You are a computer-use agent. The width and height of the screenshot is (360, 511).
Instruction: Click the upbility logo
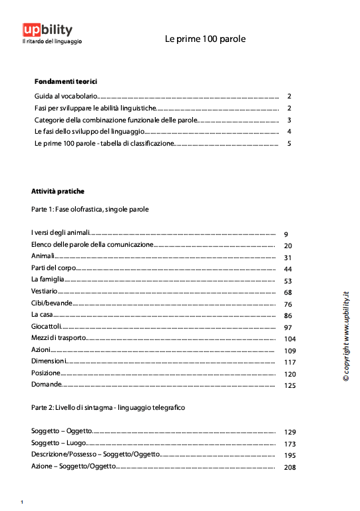[x=48, y=31]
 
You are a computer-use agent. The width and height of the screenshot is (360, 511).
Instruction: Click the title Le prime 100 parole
[x=205, y=39]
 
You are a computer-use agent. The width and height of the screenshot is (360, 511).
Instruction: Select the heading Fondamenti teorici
[x=66, y=81]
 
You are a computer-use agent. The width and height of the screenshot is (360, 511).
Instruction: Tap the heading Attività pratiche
[x=58, y=192]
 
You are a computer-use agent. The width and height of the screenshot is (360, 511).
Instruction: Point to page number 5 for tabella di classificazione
[x=289, y=144]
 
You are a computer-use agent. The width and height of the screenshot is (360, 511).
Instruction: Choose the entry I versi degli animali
[x=60, y=234]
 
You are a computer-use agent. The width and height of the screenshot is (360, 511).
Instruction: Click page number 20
[x=288, y=246]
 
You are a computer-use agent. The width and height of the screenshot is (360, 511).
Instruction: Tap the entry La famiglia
[x=47, y=280]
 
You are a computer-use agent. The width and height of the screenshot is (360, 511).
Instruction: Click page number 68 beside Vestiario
[x=288, y=293]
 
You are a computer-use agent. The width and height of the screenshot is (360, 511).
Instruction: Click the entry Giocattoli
[x=46, y=327]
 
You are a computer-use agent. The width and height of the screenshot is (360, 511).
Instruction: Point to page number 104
[x=289, y=339]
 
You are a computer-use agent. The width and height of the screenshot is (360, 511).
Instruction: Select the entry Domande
[x=46, y=385]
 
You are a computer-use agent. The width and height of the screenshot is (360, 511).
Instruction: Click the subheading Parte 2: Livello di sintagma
[x=108, y=407]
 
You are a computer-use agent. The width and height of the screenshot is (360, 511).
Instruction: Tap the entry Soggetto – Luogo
[x=59, y=443]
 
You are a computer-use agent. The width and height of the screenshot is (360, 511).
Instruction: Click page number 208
[x=289, y=468]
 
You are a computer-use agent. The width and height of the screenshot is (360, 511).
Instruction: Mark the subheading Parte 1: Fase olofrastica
[x=89, y=209]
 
